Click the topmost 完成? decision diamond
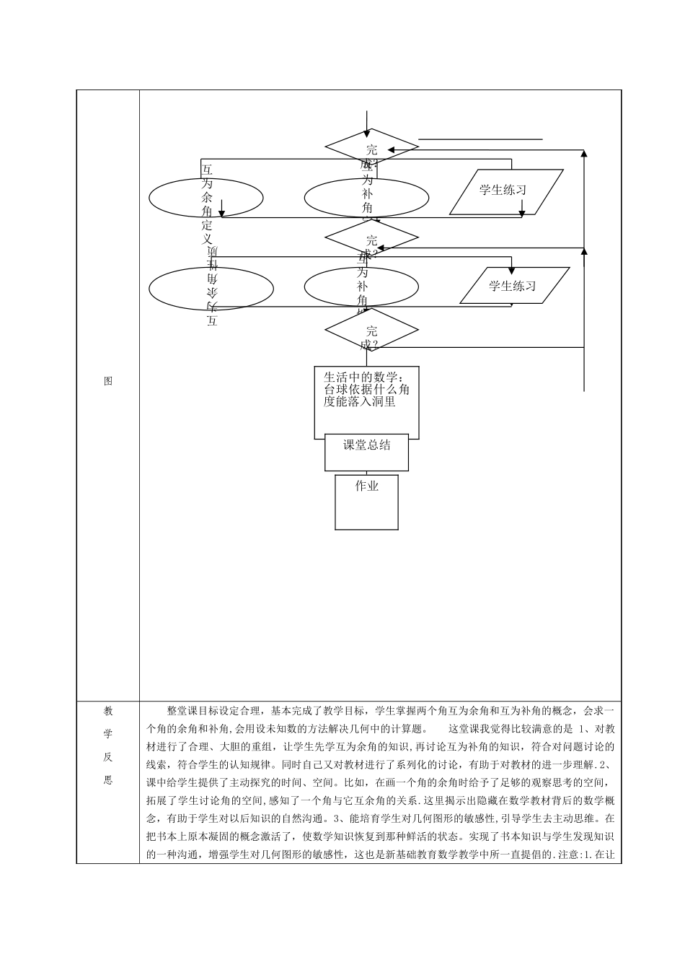[x=371, y=147]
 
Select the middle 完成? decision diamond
[x=371, y=237]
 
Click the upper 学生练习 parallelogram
[x=506, y=191]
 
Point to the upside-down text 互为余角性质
[x=212, y=287]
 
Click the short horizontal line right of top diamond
[x=480, y=139]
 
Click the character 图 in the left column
[x=108, y=381]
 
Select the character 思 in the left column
[x=108, y=780]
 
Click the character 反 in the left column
[x=108, y=757]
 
